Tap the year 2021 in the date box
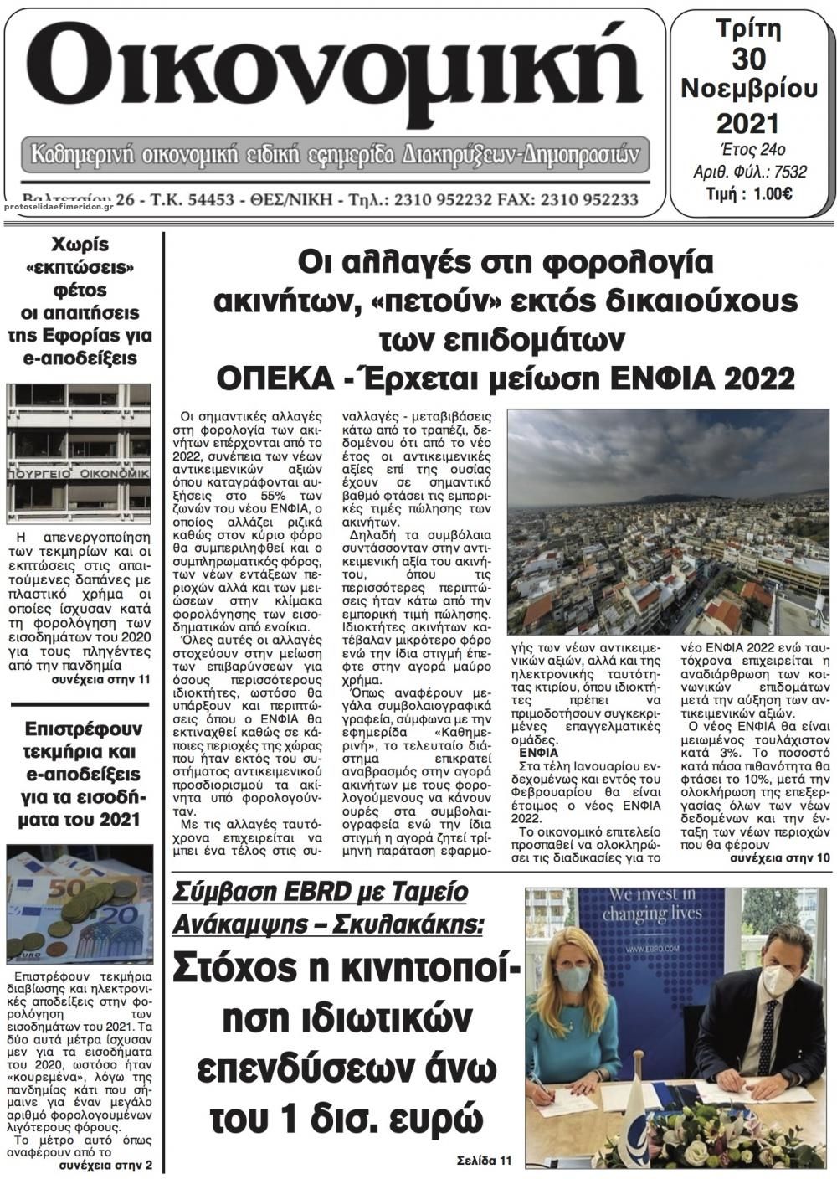click(x=747, y=123)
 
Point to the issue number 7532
click(x=791, y=172)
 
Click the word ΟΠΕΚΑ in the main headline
click(x=269, y=378)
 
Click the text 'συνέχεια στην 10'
click(x=779, y=858)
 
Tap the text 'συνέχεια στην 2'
click(x=105, y=1166)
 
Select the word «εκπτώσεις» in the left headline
click(x=81, y=268)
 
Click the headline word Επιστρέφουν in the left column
click(x=81, y=728)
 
